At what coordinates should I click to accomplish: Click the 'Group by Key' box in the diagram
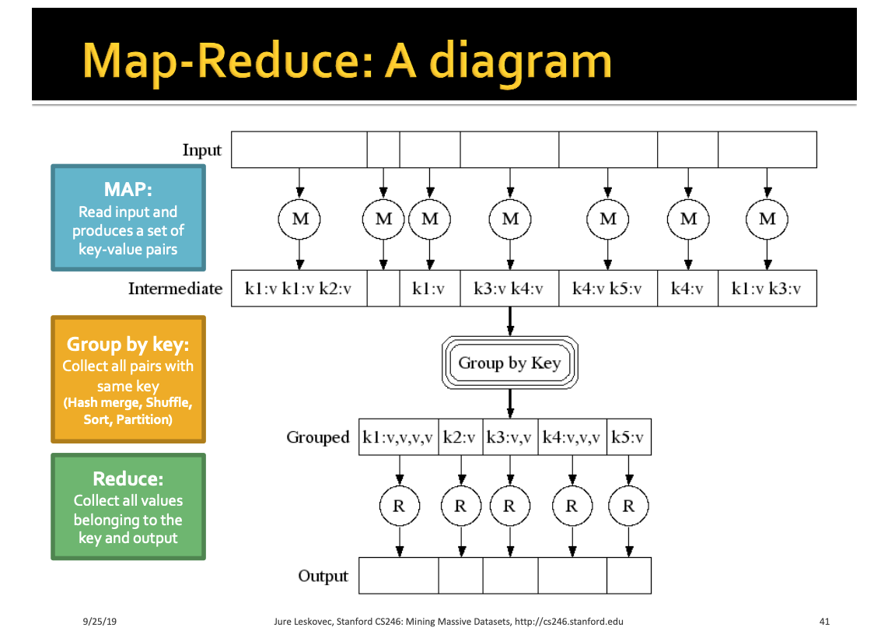coord(509,363)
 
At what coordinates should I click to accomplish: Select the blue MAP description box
coord(128,218)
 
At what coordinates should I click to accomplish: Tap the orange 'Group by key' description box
coord(128,379)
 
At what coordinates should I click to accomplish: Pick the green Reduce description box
coord(128,507)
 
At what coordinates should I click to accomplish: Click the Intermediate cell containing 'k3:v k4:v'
coord(509,289)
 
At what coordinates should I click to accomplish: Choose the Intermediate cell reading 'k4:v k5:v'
coord(607,289)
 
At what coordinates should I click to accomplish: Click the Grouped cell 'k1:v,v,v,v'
coord(398,437)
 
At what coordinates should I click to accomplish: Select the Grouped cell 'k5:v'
coord(628,437)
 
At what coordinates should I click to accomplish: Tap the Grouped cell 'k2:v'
coord(460,437)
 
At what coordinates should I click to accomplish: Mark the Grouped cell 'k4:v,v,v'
coord(572,437)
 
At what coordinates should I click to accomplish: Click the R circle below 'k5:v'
coord(628,506)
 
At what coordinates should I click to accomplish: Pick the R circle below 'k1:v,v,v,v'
coord(399,506)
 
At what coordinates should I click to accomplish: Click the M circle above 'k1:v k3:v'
coord(767,219)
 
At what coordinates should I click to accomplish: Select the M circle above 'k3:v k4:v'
coord(509,219)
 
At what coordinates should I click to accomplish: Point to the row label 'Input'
coord(202,150)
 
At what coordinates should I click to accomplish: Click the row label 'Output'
coord(323,577)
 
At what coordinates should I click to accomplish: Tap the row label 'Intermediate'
coord(175,289)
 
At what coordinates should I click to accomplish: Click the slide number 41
coord(825,622)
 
